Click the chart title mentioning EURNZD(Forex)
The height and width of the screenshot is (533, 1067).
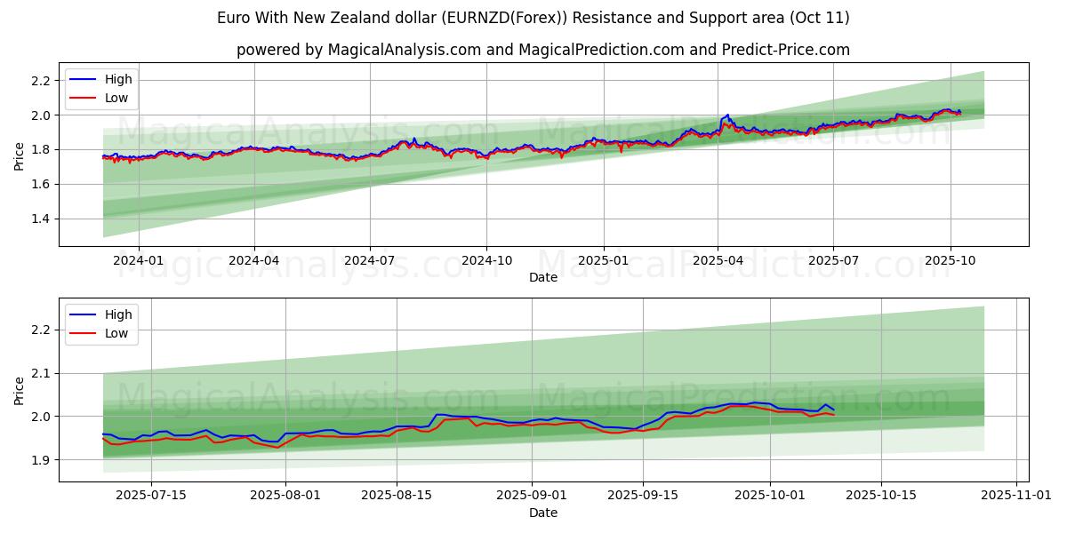533,18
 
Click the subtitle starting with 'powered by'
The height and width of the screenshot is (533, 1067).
542,50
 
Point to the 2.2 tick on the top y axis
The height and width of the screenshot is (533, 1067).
41,81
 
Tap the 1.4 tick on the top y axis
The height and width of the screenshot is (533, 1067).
41,219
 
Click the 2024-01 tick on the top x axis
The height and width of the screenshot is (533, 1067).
138,260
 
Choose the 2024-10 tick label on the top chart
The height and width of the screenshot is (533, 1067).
486,260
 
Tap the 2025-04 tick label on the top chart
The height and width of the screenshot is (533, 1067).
718,260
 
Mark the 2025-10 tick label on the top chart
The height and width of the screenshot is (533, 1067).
951,260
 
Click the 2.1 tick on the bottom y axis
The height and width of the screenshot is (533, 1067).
41,374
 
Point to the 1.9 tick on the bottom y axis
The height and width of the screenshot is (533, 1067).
41,460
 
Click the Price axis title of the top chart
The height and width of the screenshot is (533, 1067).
20,156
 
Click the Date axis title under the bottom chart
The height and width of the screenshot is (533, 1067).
542,513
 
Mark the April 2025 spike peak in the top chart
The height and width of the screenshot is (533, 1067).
728,115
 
